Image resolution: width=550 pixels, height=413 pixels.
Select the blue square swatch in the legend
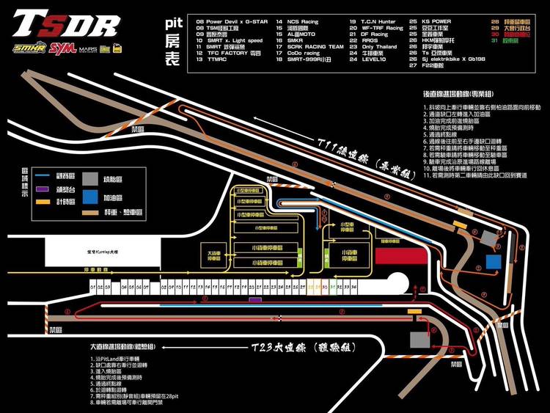[89, 197]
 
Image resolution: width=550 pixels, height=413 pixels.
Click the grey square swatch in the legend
[89, 178]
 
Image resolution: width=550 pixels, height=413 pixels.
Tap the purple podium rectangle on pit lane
[254, 300]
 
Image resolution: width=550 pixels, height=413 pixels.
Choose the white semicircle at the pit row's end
[400, 281]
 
